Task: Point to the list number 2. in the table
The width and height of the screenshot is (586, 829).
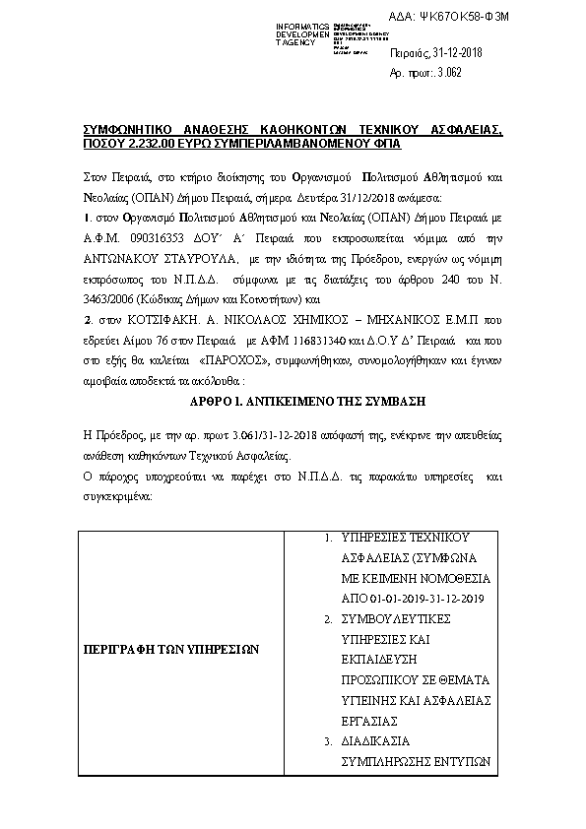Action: click(328, 619)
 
